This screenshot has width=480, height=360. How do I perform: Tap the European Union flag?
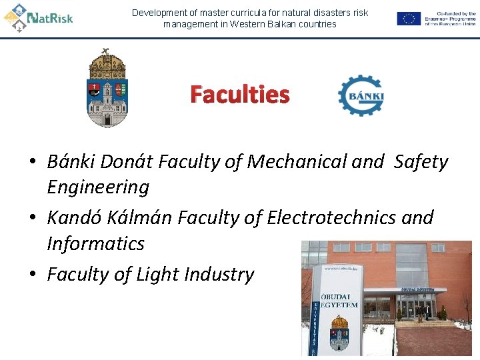409,19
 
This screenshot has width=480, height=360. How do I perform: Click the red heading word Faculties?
240,95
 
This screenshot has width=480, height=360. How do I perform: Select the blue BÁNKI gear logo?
361,96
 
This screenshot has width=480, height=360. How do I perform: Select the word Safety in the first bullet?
421,161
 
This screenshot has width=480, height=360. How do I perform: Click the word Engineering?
98,187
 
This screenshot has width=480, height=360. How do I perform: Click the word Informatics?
95,243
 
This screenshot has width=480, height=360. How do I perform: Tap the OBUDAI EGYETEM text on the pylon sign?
339,300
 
